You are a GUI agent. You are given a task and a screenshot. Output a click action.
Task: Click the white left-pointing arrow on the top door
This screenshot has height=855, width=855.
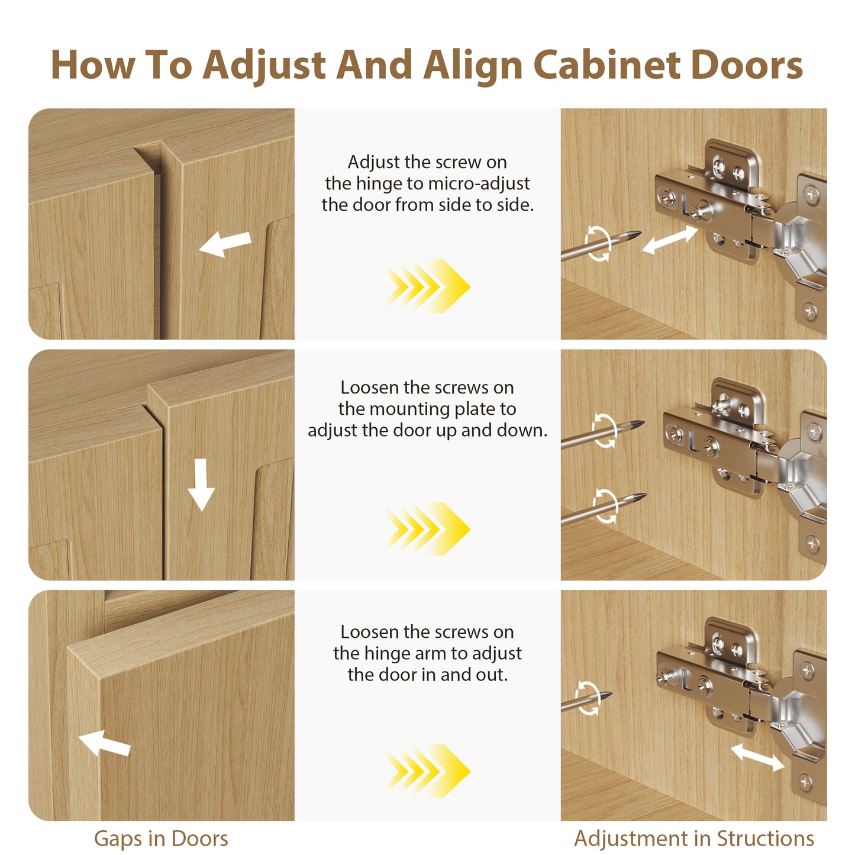225,244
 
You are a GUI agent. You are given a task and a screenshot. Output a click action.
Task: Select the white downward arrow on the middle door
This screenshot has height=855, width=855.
201,485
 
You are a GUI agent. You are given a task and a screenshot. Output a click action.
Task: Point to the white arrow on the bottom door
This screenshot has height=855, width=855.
105,743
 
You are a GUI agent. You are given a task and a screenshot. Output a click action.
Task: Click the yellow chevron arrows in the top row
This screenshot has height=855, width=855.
427,286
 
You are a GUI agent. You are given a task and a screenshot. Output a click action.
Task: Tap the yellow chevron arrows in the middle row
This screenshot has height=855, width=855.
427,528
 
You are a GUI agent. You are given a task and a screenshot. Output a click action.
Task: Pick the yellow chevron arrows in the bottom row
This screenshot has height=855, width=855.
427,771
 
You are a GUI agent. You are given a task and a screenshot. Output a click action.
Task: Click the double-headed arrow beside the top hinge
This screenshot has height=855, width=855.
670,240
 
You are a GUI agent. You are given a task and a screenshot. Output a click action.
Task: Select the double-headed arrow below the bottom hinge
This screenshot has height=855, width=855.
757,758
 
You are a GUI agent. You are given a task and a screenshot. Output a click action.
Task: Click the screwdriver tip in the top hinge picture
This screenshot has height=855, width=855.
641,232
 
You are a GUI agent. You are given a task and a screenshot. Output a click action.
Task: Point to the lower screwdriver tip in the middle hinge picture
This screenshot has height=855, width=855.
646,494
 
